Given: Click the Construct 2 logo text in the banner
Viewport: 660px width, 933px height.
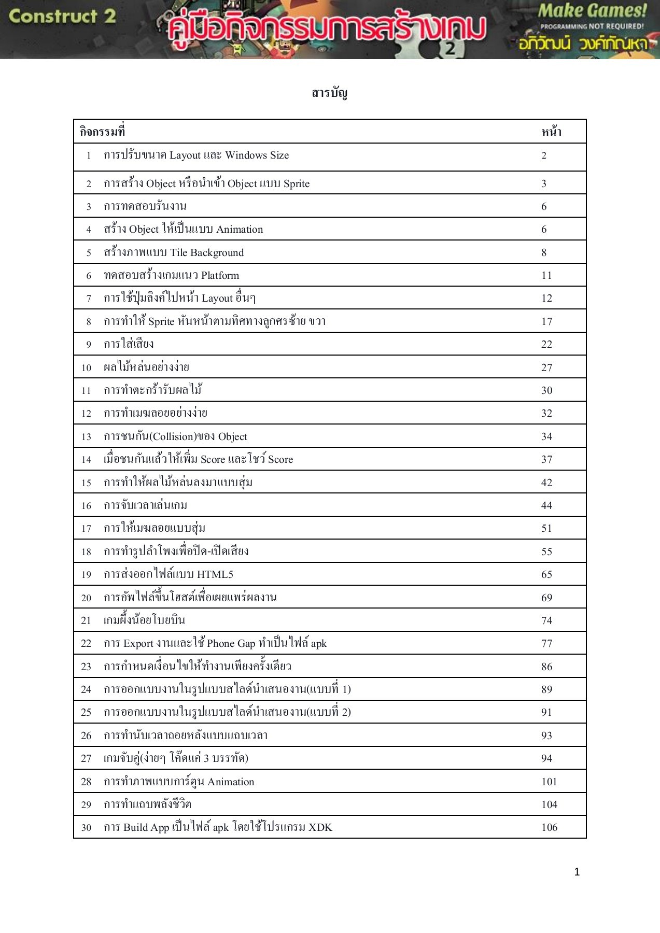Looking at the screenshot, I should pyautogui.click(x=62, y=16).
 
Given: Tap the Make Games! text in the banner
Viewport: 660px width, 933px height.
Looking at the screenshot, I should pyautogui.click(x=592, y=10).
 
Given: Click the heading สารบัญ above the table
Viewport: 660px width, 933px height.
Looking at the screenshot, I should pyautogui.click(x=330, y=93).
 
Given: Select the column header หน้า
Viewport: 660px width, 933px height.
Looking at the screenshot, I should pyautogui.click(x=551, y=132).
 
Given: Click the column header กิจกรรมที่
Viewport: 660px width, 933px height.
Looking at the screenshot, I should pyautogui.click(x=102, y=132).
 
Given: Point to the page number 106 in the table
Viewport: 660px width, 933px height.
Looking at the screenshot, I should pyautogui.click(x=549, y=827).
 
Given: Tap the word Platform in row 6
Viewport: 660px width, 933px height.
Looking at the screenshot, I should pyautogui.click(x=220, y=275).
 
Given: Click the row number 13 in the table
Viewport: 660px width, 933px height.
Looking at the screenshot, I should pyautogui.click(x=86, y=436).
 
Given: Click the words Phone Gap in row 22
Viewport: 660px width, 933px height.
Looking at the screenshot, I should pyautogui.click(x=231, y=643).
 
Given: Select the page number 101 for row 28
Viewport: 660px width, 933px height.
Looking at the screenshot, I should pyautogui.click(x=549, y=782).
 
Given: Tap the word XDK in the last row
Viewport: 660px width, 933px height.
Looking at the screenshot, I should pyautogui.click(x=320, y=827).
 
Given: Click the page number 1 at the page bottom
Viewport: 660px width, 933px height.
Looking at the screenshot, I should pyautogui.click(x=577, y=872).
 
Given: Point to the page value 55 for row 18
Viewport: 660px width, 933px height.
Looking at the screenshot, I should pyautogui.click(x=546, y=552).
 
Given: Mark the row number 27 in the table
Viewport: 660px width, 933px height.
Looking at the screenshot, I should pyautogui.click(x=86, y=758).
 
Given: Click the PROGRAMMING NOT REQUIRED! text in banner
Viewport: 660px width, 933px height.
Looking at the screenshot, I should pyautogui.click(x=592, y=26).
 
